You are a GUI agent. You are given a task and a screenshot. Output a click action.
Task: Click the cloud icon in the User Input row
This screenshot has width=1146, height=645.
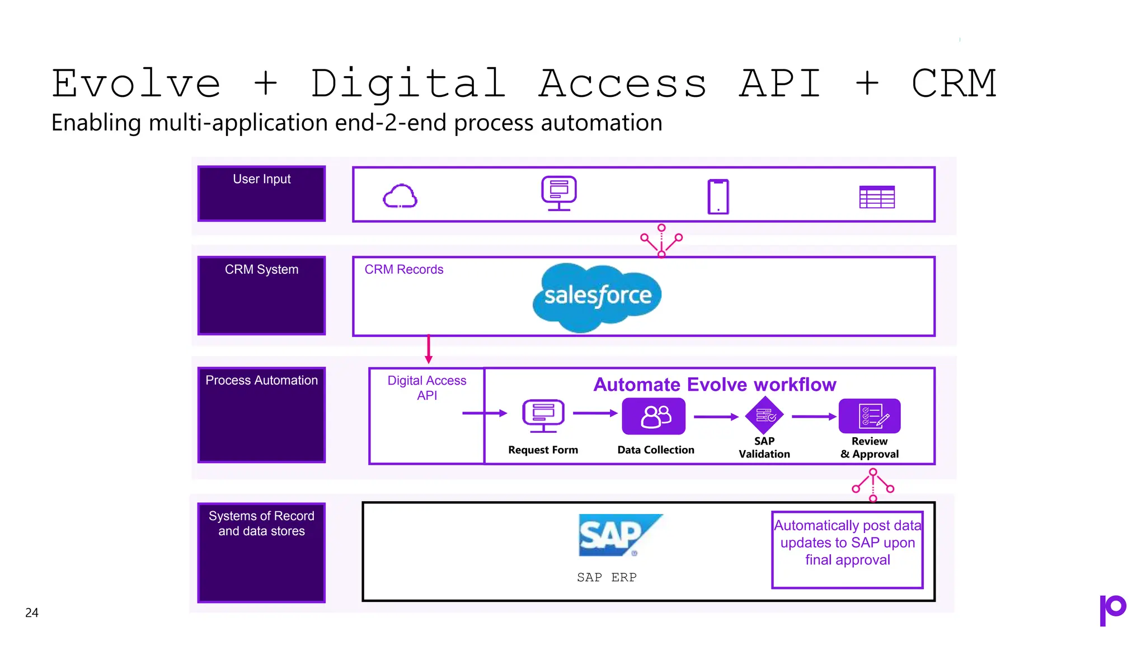point(400,197)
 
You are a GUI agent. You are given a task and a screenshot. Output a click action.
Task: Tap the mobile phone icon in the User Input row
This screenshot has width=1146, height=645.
point(718,197)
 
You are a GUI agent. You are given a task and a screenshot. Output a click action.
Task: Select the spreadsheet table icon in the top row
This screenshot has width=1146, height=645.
point(877,197)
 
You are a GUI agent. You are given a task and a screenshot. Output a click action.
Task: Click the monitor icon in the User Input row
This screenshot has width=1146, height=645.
point(559,193)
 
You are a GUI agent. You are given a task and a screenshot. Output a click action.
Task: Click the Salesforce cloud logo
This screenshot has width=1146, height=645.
point(597,296)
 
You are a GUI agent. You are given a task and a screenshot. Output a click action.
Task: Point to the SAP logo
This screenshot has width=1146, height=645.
point(618,535)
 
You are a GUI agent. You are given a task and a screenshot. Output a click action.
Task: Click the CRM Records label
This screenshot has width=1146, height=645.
point(403,269)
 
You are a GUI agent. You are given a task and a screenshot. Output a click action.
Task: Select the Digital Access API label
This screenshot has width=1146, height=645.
point(427,387)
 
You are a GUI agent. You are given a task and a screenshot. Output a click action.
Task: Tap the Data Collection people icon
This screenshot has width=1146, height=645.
point(654,416)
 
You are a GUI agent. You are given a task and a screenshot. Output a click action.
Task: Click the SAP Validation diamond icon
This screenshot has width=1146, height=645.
point(764,415)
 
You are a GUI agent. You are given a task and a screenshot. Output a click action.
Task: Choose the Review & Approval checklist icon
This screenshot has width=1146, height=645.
point(870,416)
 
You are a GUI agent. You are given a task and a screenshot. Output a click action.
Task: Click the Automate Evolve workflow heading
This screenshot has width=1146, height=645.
point(715,385)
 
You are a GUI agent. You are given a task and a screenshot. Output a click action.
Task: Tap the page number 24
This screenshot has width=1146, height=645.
point(32,613)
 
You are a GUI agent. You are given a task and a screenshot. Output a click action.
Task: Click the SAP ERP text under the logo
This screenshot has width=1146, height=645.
point(607,577)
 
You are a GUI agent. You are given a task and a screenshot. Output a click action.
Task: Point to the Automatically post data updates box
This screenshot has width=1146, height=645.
point(847,549)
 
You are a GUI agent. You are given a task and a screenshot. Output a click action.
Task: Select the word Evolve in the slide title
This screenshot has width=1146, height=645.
point(136,84)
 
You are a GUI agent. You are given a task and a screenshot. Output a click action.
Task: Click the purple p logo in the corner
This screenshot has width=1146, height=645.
point(1112,610)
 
